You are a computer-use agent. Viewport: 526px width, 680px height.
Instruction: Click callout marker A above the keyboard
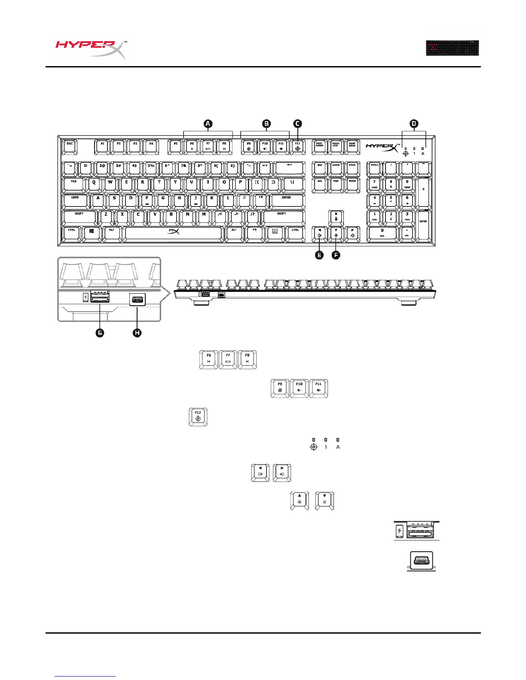[x=208, y=124]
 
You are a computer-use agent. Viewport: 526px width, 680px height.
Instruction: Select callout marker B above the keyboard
[x=266, y=124]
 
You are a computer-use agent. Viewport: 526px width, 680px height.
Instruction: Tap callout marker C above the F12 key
[x=297, y=124]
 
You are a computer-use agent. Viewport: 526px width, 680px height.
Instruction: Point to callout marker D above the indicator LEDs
[x=414, y=124]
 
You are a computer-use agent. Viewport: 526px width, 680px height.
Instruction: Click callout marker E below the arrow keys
[x=319, y=255]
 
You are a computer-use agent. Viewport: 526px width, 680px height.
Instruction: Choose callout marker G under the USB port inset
[x=100, y=332]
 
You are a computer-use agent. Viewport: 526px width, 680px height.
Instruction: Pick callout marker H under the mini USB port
[x=137, y=332]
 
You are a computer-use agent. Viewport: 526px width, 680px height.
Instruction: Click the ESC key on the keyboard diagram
[x=70, y=146]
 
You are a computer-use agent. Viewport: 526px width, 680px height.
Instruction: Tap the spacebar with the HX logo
[x=173, y=233]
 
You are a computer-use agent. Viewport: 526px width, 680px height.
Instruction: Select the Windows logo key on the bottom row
[x=92, y=233]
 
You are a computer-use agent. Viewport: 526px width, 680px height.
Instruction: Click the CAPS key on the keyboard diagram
[x=75, y=200]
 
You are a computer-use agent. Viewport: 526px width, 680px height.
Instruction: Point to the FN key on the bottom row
[x=254, y=233]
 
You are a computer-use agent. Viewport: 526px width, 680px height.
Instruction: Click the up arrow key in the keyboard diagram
[x=336, y=217]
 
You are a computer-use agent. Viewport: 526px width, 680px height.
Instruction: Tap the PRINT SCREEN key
[x=319, y=146]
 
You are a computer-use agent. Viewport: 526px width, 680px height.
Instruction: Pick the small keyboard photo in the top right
[x=452, y=48]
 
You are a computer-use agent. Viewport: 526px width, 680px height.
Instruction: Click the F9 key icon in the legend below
[x=280, y=388]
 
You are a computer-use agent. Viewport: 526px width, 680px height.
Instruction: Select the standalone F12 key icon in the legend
[x=198, y=416]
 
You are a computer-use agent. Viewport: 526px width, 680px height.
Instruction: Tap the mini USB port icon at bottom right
[x=421, y=561]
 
